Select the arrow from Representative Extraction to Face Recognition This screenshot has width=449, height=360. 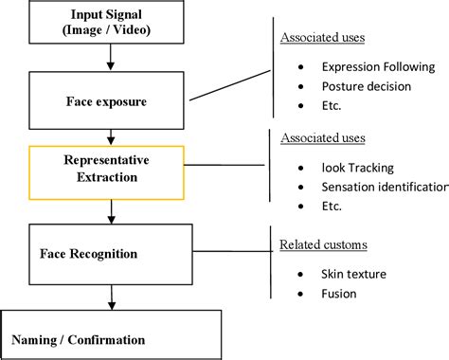(112, 209)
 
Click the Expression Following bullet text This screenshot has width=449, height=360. (377, 67)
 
